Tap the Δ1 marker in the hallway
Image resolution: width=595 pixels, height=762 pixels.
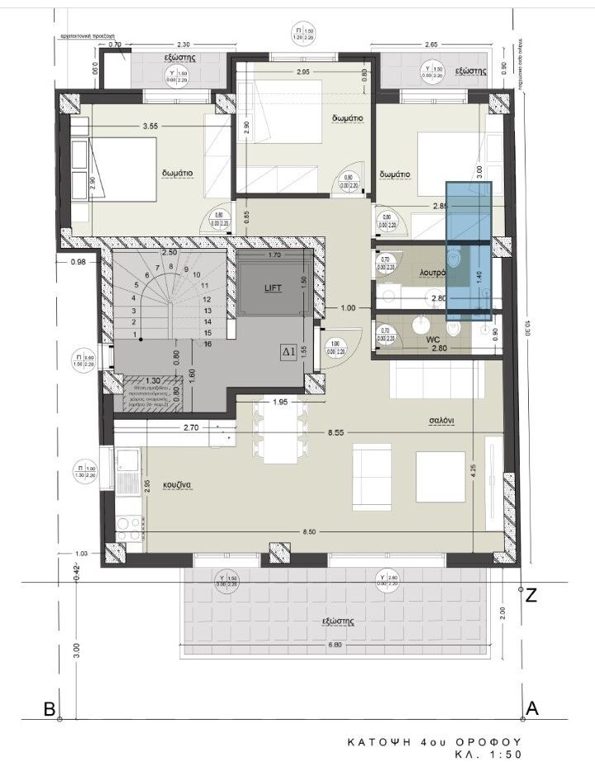[x=288, y=351]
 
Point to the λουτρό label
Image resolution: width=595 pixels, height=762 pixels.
[x=433, y=270]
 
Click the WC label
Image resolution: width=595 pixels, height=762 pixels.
[x=431, y=339]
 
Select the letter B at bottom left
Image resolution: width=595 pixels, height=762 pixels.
[x=50, y=709]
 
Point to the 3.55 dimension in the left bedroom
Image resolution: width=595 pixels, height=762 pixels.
[x=150, y=126]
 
